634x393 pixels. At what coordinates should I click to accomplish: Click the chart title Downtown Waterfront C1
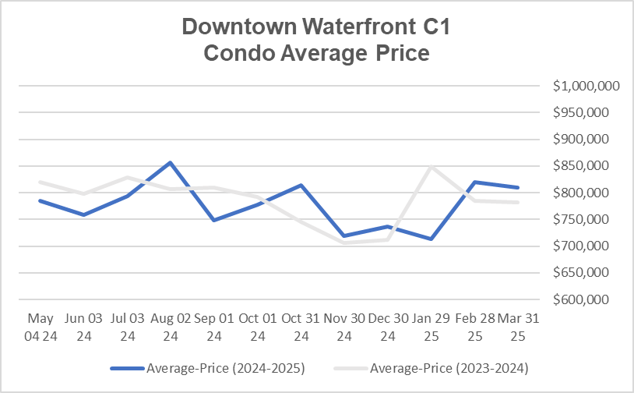coord(316,27)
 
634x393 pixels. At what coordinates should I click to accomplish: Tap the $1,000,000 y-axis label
coord(586,87)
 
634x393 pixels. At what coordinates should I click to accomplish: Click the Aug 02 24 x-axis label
coord(170,327)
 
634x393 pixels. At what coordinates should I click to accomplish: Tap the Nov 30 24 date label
coord(343,327)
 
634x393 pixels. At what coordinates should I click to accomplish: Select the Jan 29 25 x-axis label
coord(431,327)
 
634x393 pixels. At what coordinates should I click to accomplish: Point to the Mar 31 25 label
coord(518,327)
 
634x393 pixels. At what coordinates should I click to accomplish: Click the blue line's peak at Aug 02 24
coord(170,162)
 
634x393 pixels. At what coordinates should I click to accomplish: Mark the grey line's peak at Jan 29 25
coord(431,166)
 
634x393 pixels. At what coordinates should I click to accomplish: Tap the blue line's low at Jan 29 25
coord(431,239)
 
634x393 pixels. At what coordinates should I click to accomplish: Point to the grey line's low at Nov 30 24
coord(343,243)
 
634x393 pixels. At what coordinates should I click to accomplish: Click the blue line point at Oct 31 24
coord(301,185)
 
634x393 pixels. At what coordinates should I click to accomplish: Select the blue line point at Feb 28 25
coord(474,182)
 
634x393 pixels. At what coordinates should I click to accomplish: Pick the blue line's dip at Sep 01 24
coord(213,220)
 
